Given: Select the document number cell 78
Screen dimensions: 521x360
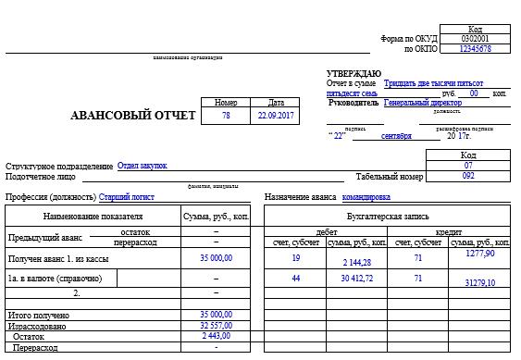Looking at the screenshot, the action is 226,117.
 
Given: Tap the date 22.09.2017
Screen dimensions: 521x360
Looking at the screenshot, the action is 276,117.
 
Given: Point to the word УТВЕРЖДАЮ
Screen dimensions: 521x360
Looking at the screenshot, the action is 354,73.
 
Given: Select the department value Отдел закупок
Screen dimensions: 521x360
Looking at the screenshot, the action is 143,166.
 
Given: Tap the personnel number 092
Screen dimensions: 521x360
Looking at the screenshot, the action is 468,176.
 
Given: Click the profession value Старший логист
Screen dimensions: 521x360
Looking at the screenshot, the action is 127,196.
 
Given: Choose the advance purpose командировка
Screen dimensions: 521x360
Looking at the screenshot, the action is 366,196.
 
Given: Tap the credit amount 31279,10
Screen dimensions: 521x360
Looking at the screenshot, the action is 479,282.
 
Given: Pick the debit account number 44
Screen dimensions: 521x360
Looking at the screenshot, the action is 295,278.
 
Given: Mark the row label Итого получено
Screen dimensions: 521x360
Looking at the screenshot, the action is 38,316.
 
